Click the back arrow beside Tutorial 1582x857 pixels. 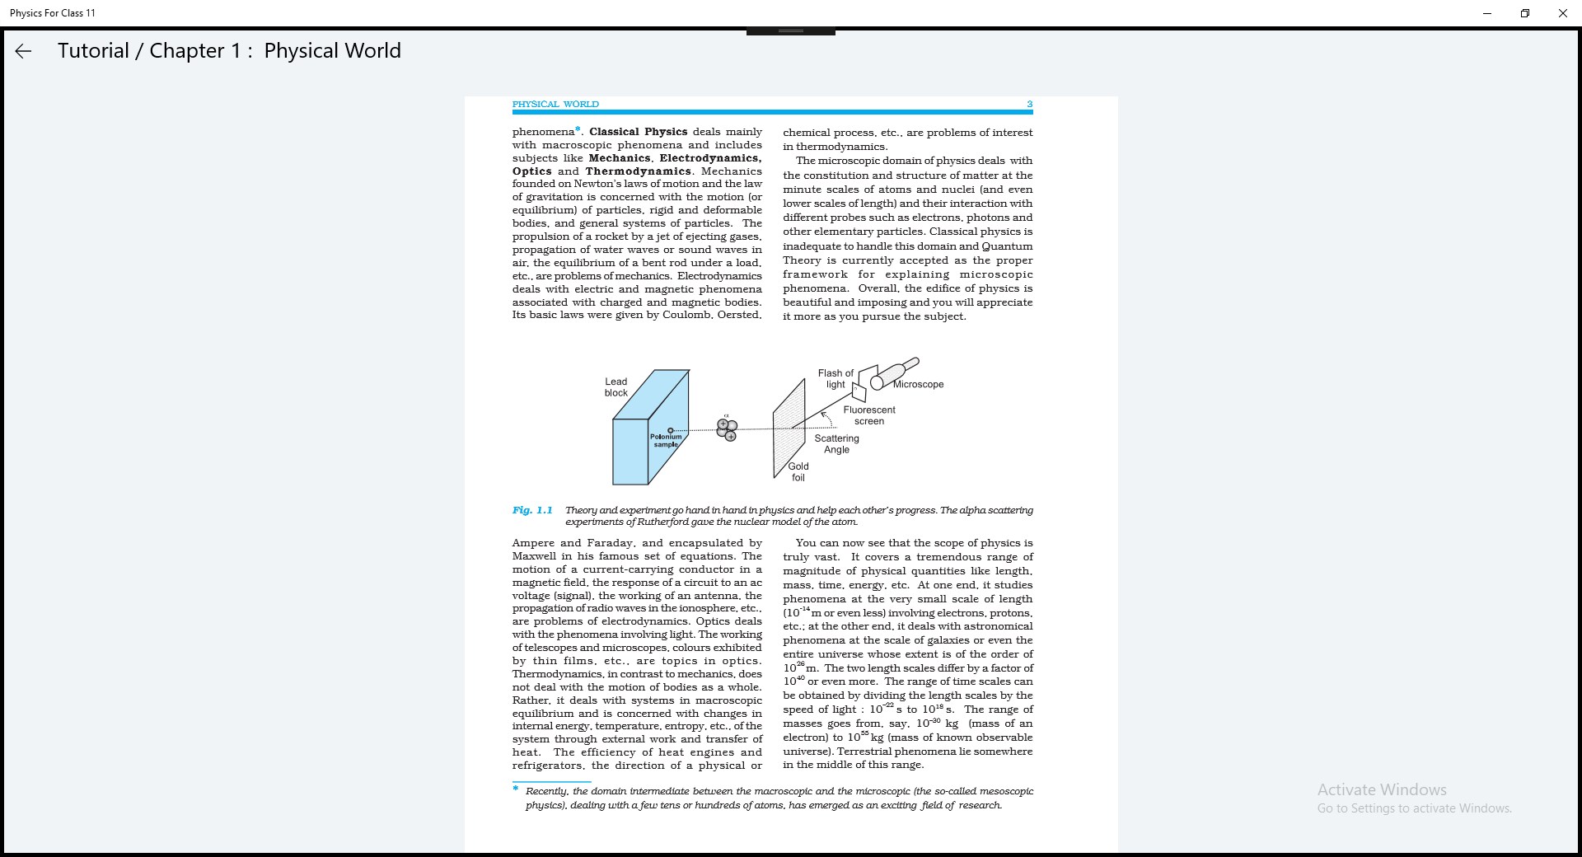[23, 51]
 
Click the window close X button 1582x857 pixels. [1562, 13]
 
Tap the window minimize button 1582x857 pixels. [1487, 13]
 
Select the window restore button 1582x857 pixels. [1525, 13]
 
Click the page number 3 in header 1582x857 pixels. [1029, 104]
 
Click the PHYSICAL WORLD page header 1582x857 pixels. [555, 104]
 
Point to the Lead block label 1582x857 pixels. [615, 387]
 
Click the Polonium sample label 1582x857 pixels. [666, 440]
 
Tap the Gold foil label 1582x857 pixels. [798, 471]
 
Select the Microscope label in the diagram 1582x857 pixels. [918, 384]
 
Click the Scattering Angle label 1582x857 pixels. [836, 443]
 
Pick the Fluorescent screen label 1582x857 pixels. [868, 415]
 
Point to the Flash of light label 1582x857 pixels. [835, 378]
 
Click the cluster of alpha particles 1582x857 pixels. [727, 429]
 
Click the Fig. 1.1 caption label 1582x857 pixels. [532, 510]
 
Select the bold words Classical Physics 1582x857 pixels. [638, 132]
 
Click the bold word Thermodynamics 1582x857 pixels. [639, 171]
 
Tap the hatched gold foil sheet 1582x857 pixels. [789, 428]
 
